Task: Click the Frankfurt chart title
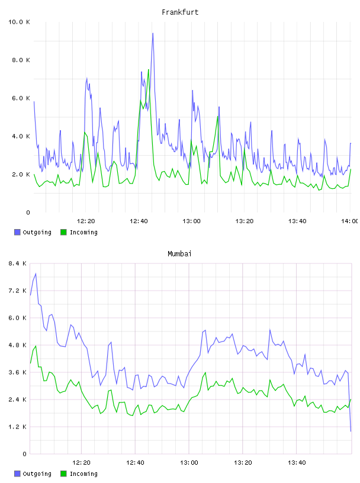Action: coord(180,12)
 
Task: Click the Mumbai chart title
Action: coord(179,254)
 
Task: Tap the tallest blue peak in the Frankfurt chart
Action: coord(153,33)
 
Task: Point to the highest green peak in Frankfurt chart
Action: coord(148,70)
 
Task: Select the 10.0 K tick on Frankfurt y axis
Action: coord(19,22)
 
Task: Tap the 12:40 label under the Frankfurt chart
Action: coord(139,221)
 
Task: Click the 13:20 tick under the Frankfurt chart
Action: coord(245,221)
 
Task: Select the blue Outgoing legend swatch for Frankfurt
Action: coord(17,232)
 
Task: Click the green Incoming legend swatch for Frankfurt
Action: coord(63,232)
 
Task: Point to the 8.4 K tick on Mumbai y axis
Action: coord(17,263)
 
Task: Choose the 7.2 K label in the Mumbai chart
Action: coord(17,291)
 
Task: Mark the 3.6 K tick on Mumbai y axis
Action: coord(17,372)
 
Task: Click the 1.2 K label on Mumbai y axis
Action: coord(17,427)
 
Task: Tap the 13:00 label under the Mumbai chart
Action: coord(189,463)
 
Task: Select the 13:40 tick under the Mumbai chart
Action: coord(297,463)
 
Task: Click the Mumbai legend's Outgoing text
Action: coord(37,474)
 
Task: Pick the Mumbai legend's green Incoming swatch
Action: coord(63,474)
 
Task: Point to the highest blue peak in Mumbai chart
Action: coord(36,273)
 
